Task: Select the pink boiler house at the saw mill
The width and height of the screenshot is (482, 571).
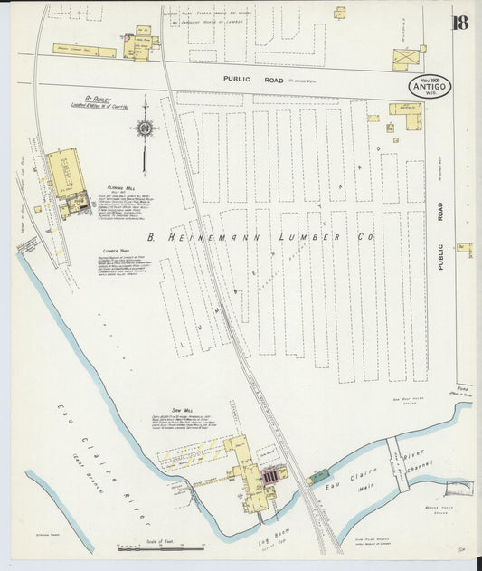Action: pyautogui.click(x=271, y=474)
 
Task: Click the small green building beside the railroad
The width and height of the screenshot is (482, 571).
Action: pyautogui.click(x=318, y=476)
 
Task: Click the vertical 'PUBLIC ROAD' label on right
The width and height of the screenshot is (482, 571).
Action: pyautogui.click(x=440, y=225)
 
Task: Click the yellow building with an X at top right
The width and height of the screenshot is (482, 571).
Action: pyautogui.click(x=403, y=59)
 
